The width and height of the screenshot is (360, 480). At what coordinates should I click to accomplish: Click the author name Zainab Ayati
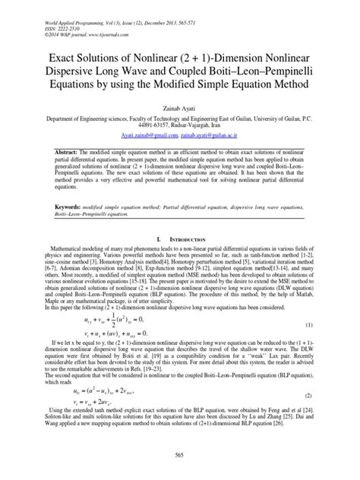[180, 110]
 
